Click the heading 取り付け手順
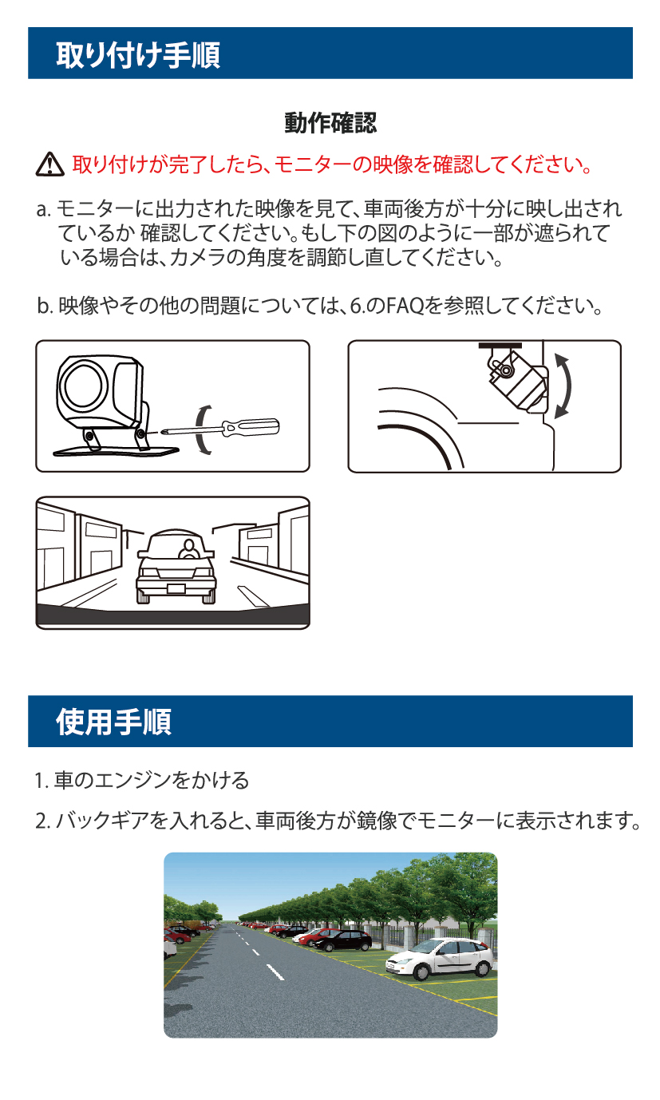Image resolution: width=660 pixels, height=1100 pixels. [138, 54]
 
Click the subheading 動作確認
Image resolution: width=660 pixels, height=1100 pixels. [330, 123]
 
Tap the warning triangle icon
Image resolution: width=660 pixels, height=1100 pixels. [49, 164]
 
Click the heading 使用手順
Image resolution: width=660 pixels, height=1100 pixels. [113, 722]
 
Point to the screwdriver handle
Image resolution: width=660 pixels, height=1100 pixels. [251, 427]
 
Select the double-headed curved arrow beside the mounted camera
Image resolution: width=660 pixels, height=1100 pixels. [563, 386]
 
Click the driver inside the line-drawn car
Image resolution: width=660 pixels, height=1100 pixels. [188, 549]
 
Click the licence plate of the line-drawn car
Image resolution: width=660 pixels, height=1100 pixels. [176, 589]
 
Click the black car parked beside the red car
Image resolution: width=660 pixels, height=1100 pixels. [343, 940]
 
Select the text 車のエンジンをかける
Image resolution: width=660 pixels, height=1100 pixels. [152, 781]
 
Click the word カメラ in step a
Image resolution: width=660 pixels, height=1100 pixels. [198, 257]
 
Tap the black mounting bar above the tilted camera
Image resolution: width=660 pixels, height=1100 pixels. [500, 346]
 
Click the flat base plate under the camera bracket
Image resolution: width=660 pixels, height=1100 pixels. [117, 451]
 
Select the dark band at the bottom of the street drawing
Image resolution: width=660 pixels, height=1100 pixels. [173, 616]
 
